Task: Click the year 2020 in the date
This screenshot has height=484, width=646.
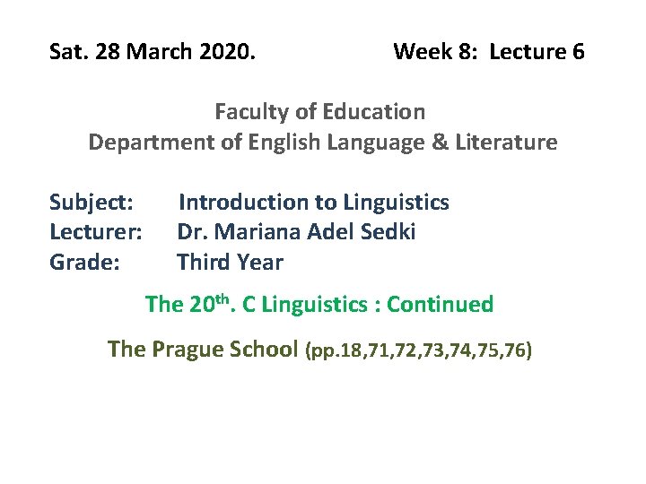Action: [x=228, y=52]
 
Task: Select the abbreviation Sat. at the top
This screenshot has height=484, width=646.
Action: [x=67, y=52]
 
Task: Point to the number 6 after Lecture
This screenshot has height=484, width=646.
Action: [x=577, y=52]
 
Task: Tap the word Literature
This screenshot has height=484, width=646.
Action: [x=511, y=142]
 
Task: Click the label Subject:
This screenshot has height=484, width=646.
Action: [x=92, y=203]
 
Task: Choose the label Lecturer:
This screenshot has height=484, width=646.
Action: [x=95, y=232]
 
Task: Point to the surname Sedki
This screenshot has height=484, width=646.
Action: [x=387, y=232]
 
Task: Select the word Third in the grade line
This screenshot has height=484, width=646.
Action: [x=203, y=263]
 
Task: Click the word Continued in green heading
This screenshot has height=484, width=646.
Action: [x=440, y=305]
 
